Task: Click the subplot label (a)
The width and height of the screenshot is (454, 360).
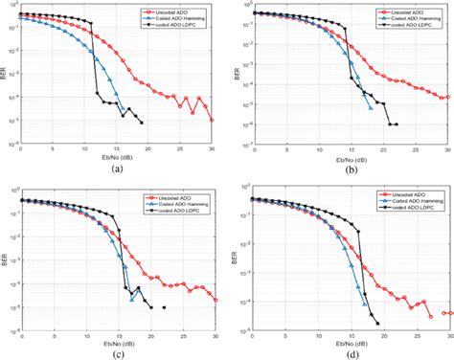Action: coord(117,169)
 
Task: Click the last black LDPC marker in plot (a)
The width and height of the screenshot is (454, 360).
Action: coord(142,123)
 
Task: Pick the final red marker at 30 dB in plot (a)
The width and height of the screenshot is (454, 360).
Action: coord(213,121)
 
